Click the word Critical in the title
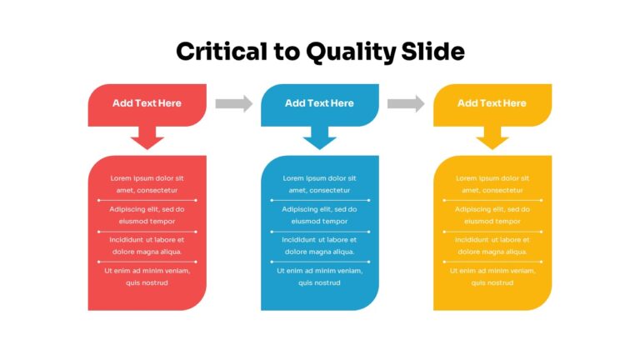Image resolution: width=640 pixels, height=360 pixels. coord(222,52)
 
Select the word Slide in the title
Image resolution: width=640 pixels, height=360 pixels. coord(432,52)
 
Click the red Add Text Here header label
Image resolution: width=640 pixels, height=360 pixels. coord(147,103)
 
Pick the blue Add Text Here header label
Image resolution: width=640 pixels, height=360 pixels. coord(319,103)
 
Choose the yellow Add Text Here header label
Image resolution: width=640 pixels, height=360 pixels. coord(492,103)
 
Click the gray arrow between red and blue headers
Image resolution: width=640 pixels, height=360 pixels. coord(234,103)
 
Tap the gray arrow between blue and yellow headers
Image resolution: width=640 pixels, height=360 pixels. coord(406,103)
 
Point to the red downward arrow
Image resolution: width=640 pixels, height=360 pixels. coord(147,137)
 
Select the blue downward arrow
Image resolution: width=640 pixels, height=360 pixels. coord(320,137)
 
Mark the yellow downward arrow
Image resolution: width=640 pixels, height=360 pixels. coord(492,137)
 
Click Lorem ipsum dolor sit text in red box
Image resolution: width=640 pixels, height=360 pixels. coord(147,178)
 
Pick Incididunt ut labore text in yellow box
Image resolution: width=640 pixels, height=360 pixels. coord(492,240)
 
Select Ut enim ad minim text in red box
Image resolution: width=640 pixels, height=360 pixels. coord(147,271)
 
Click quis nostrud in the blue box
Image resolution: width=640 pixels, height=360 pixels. coord(319,282)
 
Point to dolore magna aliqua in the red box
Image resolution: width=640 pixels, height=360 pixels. coord(147,252)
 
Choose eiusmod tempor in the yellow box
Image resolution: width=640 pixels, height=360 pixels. coord(492,221)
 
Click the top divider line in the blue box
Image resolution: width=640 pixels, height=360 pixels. coord(320,200)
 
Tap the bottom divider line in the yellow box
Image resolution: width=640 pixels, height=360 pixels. coord(492,262)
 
